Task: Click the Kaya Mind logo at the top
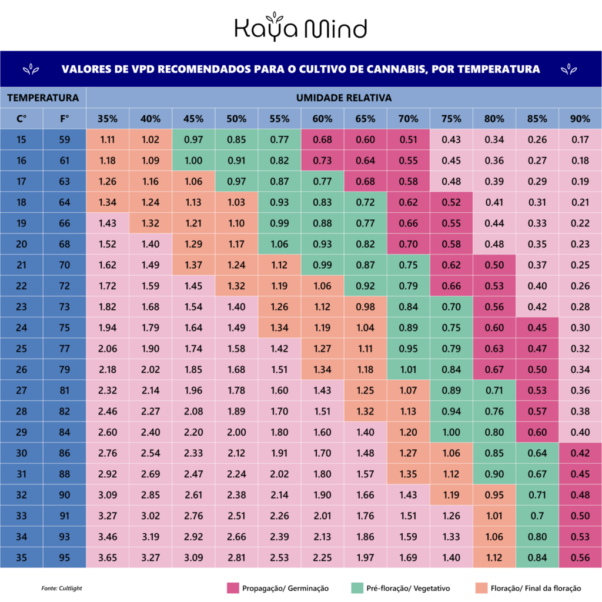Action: point(300,28)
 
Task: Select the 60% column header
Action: point(322,118)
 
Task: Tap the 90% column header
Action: point(580,118)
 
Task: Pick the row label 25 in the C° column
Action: point(22,349)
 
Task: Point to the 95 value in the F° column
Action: point(65,558)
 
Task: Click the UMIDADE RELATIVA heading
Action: point(344,97)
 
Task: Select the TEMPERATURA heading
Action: point(43,97)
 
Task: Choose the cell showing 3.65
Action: point(108,558)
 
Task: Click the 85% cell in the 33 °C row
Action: point(537,516)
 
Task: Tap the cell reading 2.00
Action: point(236,432)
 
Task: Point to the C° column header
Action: point(22,118)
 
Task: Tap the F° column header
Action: point(65,118)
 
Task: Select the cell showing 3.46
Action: point(108,537)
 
